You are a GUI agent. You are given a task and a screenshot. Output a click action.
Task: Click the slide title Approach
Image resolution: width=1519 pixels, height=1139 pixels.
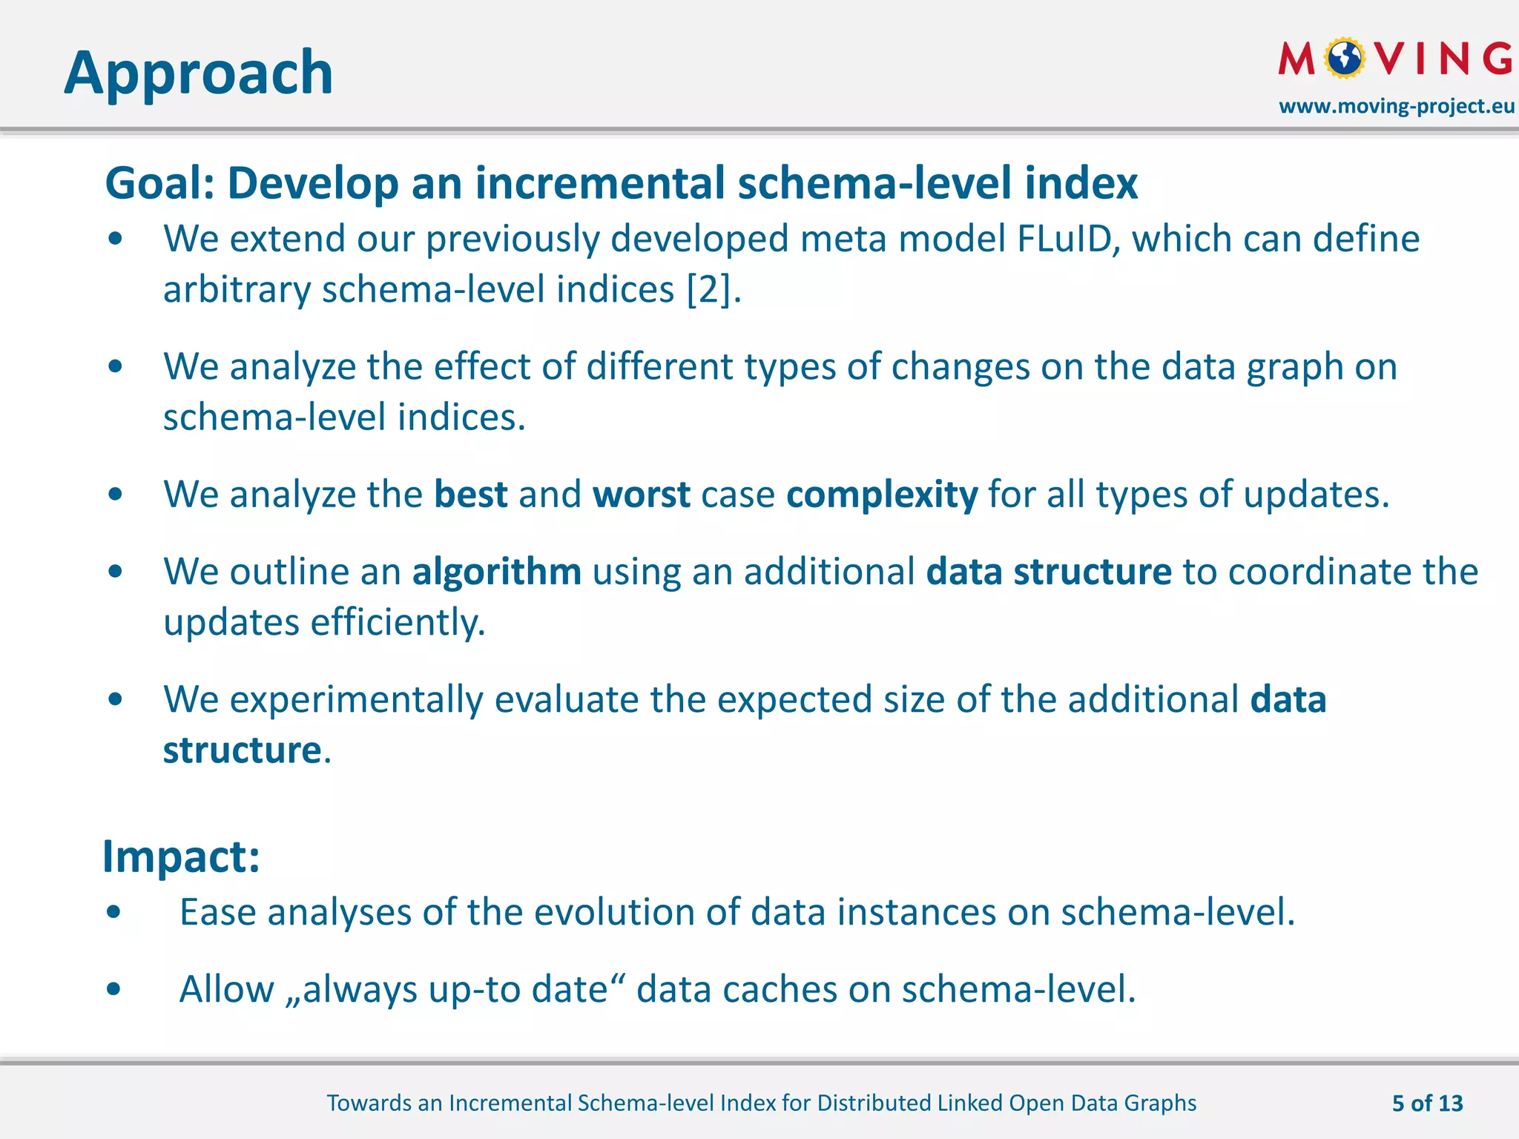[198, 73]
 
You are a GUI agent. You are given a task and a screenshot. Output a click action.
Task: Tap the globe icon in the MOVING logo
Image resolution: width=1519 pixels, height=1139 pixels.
[1344, 59]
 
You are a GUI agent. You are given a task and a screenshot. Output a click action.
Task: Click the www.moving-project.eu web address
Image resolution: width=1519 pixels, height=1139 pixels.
[1397, 106]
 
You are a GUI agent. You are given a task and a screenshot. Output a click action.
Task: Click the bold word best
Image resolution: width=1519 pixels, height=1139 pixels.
[470, 495]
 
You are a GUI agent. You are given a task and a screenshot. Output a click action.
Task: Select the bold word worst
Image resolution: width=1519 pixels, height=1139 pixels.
[642, 495]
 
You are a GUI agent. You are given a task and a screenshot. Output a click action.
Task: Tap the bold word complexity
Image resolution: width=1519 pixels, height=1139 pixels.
[882, 495]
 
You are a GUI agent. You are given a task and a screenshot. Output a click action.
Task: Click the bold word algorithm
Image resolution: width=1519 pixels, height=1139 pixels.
[496, 572]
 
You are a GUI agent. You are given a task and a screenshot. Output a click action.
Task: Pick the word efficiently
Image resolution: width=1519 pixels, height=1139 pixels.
[398, 622]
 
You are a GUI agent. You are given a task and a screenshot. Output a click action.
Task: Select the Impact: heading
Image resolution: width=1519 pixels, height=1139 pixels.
[181, 856]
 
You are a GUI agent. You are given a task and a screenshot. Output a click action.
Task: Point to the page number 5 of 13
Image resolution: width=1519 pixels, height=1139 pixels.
[1427, 1103]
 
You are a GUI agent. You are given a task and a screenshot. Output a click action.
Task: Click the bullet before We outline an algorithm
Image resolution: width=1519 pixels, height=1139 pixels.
[115, 572]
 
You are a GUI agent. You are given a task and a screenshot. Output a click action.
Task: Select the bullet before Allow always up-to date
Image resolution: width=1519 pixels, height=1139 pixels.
[113, 988]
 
